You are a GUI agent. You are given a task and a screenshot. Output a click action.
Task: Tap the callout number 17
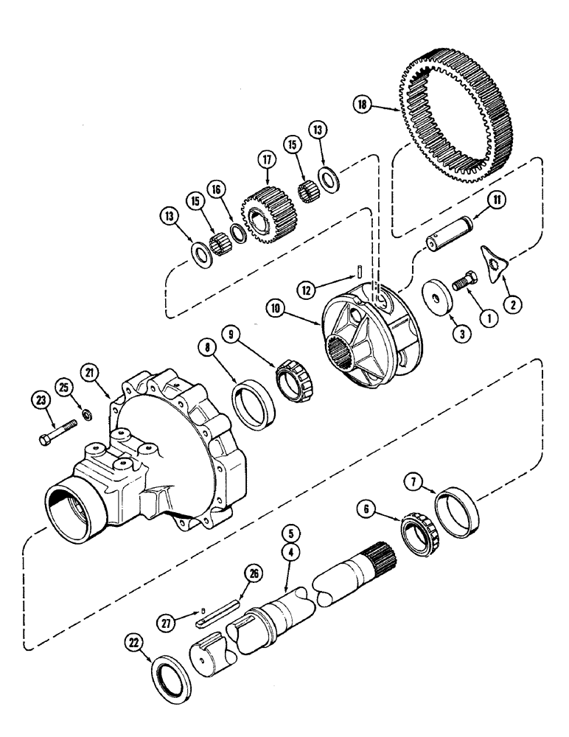[x=265, y=159]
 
